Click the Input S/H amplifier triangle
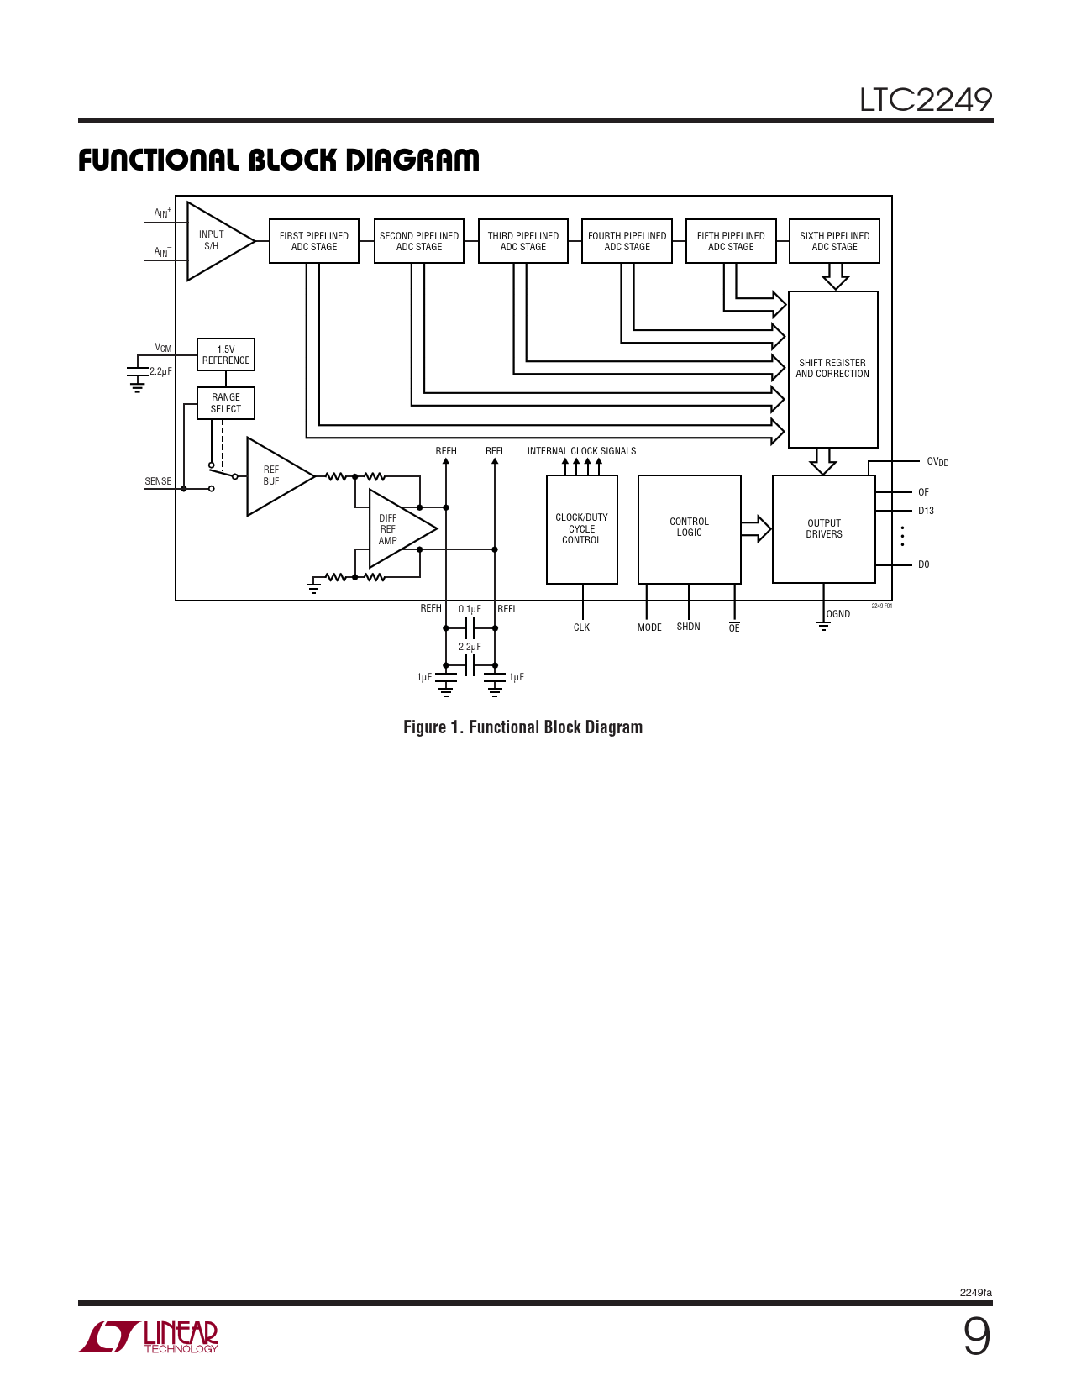(215, 241)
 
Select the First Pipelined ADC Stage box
(314, 241)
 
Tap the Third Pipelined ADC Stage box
(522, 241)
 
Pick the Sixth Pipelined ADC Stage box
(834, 241)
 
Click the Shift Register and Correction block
(832, 369)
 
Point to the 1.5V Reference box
(226, 354)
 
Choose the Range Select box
(226, 403)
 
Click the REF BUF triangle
(275, 476)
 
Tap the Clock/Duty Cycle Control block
(582, 529)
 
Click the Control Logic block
(690, 528)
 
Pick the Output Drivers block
(824, 529)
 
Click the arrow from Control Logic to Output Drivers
(756, 529)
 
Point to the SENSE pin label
(158, 482)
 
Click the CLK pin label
(581, 628)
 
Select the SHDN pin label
(688, 627)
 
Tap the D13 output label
(926, 511)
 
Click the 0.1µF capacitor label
(470, 609)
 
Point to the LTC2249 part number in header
(925, 100)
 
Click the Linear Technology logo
(150, 1336)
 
